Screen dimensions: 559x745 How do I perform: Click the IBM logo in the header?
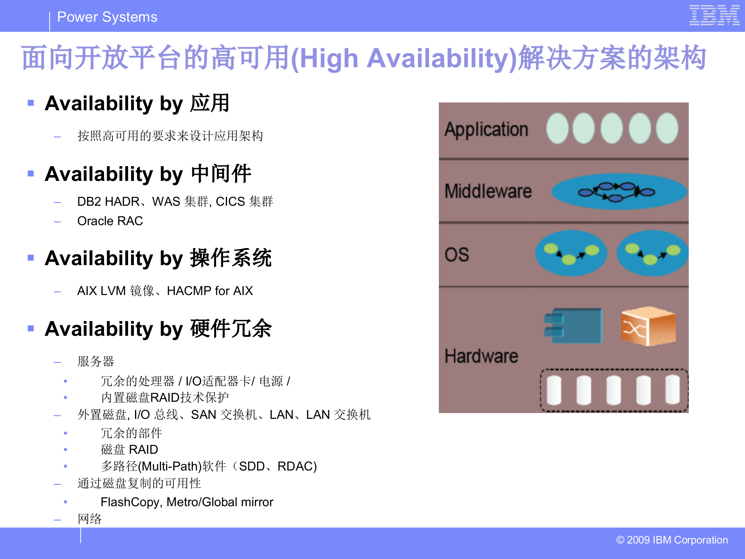point(714,16)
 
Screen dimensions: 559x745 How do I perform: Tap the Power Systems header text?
point(107,17)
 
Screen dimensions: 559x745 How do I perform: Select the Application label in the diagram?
point(486,129)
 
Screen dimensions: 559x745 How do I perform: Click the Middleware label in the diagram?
point(488,191)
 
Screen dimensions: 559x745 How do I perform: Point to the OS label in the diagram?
point(457,255)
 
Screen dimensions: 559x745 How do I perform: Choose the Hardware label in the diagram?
point(481,356)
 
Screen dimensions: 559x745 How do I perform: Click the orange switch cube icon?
point(648,326)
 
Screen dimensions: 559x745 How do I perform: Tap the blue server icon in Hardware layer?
point(573,326)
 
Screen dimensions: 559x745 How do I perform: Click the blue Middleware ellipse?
point(619,191)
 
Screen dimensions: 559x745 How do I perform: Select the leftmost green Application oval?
point(557,128)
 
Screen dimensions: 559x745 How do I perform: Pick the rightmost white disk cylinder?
point(672,389)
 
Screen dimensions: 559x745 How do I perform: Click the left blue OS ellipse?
point(571,253)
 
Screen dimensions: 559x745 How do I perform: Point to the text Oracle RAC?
point(110,221)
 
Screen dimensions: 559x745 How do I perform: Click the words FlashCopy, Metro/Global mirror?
point(187,502)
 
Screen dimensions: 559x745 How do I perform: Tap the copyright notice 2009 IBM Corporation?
point(672,540)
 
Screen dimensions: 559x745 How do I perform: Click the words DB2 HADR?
point(108,201)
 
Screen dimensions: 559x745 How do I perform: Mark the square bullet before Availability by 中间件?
point(31,174)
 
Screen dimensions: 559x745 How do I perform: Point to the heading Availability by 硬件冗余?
point(158,329)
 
